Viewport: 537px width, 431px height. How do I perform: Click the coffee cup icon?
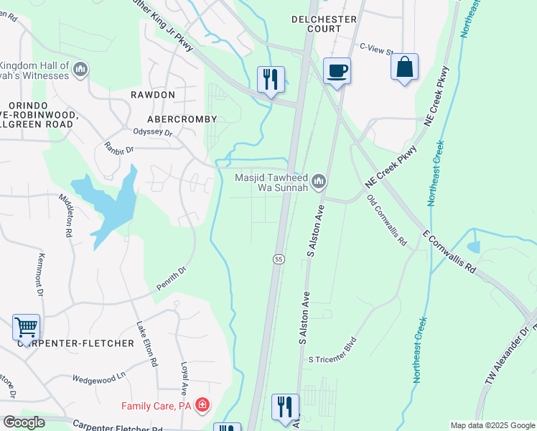(337, 70)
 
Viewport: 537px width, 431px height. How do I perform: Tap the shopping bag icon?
(405, 66)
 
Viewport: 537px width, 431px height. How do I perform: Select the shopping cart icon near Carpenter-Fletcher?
(27, 328)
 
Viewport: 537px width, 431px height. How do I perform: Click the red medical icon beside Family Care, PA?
(203, 406)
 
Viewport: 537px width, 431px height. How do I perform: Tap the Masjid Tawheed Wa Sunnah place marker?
(318, 180)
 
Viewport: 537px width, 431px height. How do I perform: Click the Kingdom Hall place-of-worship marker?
(80, 70)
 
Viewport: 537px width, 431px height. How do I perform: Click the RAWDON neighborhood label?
(153, 95)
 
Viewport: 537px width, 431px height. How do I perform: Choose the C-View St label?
(376, 50)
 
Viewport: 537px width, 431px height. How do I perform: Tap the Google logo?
(24, 422)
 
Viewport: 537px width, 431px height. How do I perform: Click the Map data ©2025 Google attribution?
(492, 425)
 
